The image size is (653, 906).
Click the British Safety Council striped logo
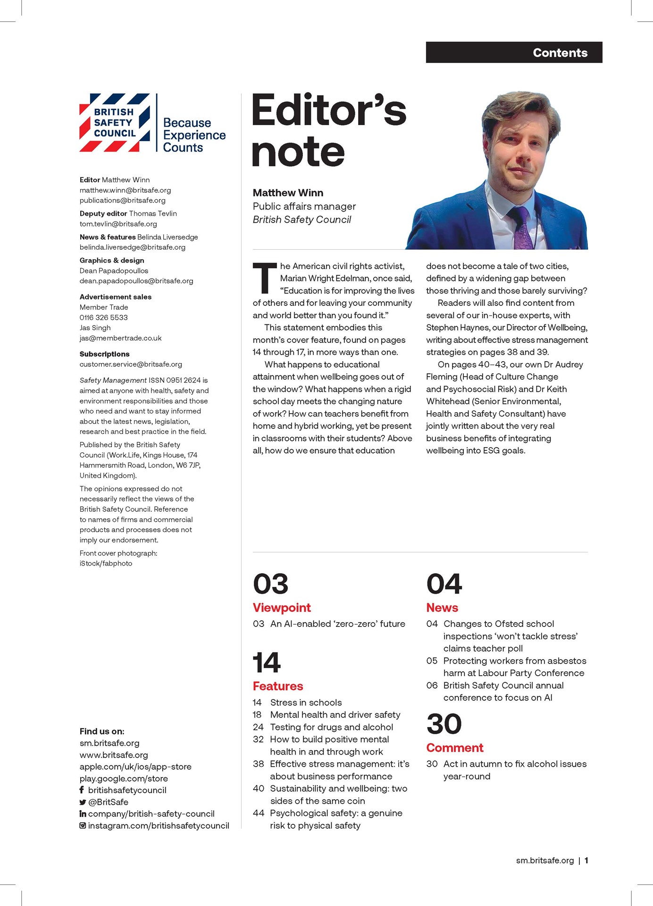point(115,123)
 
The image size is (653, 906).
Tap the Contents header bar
point(514,52)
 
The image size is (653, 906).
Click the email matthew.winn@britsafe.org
point(125,190)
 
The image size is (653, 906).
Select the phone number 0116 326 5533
point(103,317)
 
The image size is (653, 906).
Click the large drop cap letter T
point(265,278)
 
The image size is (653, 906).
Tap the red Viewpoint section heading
point(282,608)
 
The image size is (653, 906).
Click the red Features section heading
point(278,686)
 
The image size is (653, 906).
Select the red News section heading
point(442,608)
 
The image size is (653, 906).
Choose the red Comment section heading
point(454,748)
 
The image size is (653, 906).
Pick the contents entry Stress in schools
point(306,703)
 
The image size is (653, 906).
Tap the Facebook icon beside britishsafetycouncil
point(82,790)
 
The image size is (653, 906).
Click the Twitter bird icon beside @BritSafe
point(83,802)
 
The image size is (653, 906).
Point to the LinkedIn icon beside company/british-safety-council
point(83,813)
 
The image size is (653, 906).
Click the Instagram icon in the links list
point(83,826)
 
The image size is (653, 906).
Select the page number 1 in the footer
point(586,861)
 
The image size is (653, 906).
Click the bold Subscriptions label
point(104,354)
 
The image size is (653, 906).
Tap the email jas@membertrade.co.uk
point(120,338)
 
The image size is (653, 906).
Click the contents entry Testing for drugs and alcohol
point(331,727)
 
